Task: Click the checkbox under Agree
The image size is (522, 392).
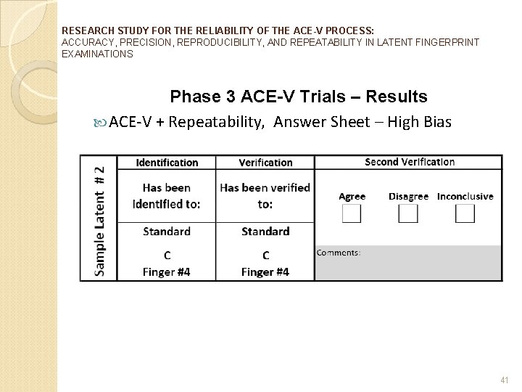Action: pyautogui.click(x=352, y=213)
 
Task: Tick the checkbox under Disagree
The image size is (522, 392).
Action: pyautogui.click(x=408, y=213)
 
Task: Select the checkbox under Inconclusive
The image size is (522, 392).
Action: pyautogui.click(x=465, y=213)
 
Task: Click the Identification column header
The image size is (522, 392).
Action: pyautogui.click(x=167, y=163)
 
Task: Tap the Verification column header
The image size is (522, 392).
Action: pyautogui.click(x=265, y=163)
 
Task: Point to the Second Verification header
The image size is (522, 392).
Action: pyautogui.click(x=409, y=162)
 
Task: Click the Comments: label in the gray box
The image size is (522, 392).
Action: pyautogui.click(x=339, y=253)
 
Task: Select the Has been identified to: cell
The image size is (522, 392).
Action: pyautogui.click(x=167, y=195)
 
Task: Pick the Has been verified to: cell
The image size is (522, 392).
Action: pyautogui.click(x=265, y=195)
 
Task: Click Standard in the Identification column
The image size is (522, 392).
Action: pyautogui.click(x=167, y=232)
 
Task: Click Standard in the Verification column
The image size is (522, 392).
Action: pyautogui.click(x=265, y=232)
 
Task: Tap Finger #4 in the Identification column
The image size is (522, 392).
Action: pyautogui.click(x=167, y=271)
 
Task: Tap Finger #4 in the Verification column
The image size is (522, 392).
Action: pyautogui.click(x=265, y=271)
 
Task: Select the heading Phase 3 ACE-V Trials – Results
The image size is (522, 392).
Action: pyautogui.click(x=298, y=97)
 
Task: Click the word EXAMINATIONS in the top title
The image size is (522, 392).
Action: pyautogui.click(x=97, y=54)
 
